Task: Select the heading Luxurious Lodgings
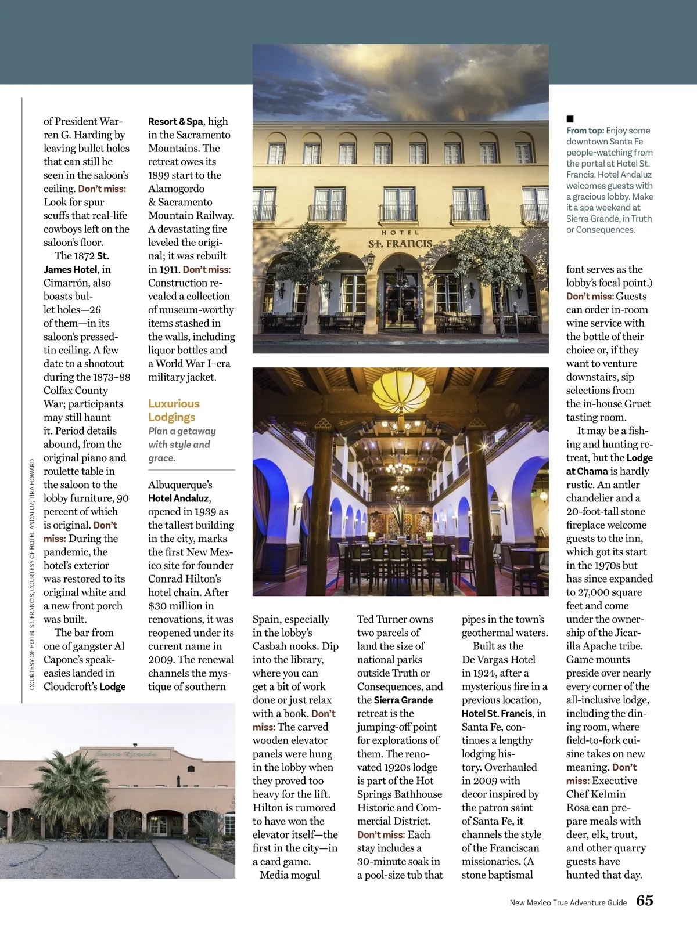tap(173, 410)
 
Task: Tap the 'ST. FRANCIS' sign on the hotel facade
tap(400, 243)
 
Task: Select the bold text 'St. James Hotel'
tap(77, 262)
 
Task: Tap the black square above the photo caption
tap(570, 119)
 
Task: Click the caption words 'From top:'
tap(585, 131)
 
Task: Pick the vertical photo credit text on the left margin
tap(32, 574)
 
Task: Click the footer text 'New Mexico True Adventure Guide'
tap(568, 902)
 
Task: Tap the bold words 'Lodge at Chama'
tap(608, 464)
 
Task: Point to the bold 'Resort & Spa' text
tap(175, 121)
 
